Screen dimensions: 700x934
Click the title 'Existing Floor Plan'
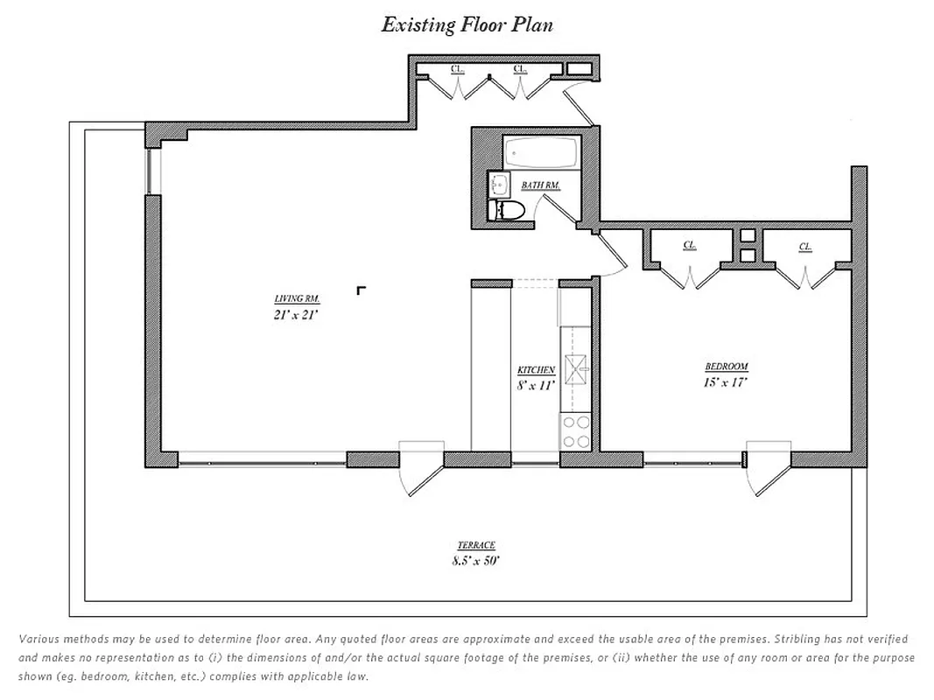467,24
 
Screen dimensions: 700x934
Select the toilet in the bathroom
509,210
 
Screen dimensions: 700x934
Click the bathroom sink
500,185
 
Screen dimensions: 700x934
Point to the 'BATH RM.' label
540,185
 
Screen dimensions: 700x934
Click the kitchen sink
577,370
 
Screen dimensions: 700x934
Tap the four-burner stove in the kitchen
576,431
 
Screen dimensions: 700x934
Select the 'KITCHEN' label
536,370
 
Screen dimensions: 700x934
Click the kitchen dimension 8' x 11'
536,385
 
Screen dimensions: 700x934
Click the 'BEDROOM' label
727,367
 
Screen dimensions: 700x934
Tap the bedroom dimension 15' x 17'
726,382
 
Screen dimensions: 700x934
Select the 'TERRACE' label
475,545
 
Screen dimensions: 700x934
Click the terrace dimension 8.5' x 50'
475,562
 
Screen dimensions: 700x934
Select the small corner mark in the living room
361,290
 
